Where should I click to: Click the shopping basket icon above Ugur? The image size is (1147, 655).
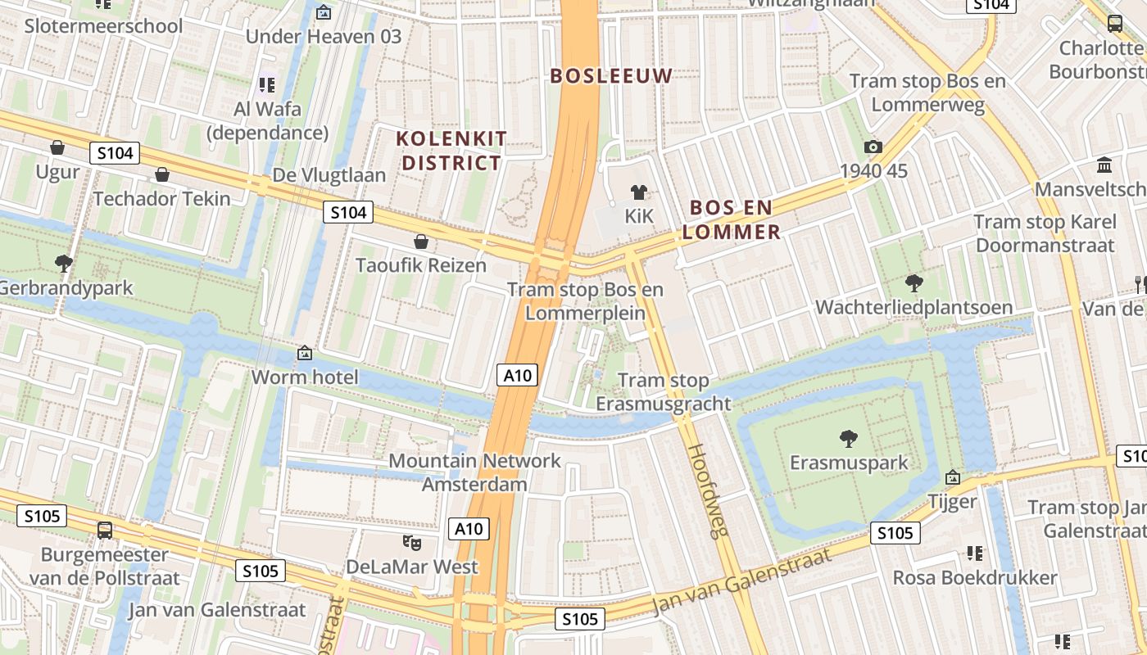pos(57,147)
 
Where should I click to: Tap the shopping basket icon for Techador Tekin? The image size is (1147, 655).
pos(162,174)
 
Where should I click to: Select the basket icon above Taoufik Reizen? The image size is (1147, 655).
pos(421,242)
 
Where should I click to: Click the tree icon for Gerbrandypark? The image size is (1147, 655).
pos(63,263)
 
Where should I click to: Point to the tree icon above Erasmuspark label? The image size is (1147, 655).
pos(849,438)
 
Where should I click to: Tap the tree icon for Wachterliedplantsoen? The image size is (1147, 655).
pos(914,283)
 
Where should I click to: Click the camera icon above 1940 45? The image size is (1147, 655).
pos(873,147)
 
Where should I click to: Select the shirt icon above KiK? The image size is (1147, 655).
pos(639,192)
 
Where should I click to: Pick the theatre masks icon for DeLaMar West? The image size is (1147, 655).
pos(412,542)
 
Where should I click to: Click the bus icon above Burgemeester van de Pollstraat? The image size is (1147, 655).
pos(105,530)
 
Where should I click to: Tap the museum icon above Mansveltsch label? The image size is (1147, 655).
pos(1104,165)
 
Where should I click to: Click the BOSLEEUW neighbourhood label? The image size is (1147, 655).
pos(611,76)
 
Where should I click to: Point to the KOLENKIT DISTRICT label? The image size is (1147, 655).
pos(451,151)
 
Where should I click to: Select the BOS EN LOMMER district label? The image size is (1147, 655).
pos(731,219)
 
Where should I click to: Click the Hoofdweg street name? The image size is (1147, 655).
pos(707,490)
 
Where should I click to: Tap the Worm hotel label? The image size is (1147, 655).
pos(305,377)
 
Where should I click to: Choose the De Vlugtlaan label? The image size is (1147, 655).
pos(329,175)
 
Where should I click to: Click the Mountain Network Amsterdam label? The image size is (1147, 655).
pos(474,472)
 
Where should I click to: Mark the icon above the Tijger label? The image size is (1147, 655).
pos(952,477)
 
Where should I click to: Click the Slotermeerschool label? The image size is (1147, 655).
pos(103,25)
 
